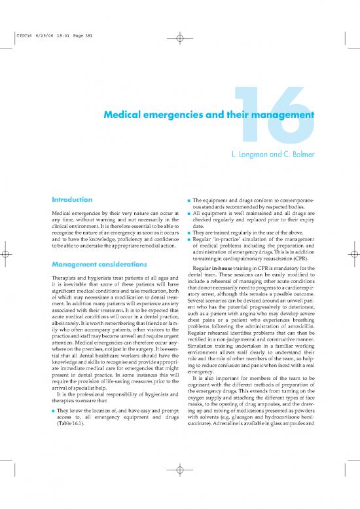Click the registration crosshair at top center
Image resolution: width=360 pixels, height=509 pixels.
(180, 37)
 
